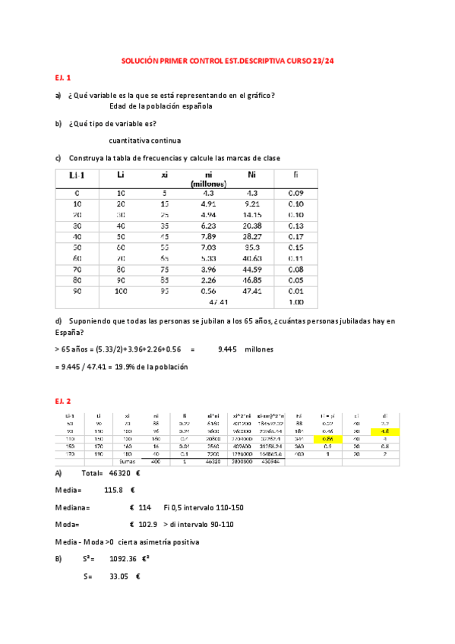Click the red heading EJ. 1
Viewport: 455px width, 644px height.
(62, 77)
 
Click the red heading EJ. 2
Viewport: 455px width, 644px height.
(62, 400)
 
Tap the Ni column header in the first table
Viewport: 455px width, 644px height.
(252, 175)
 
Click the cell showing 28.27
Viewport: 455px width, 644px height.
(252, 236)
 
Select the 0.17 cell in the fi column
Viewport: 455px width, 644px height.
(296, 236)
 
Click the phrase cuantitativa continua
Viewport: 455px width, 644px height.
(145, 140)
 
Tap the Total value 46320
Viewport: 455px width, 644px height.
(112, 472)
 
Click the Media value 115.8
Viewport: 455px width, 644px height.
(114, 490)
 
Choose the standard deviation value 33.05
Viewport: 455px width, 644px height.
(115, 576)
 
